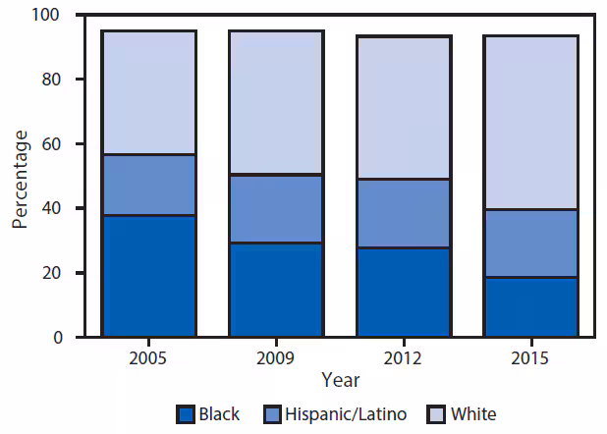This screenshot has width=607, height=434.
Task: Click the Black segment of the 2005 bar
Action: pyautogui.click(x=149, y=276)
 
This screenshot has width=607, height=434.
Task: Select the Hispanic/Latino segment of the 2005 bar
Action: pyautogui.click(x=149, y=185)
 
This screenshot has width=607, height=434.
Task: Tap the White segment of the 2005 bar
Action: pyautogui.click(x=149, y=92)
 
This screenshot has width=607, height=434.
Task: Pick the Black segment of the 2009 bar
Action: pyautogui.click(x=276, y=290)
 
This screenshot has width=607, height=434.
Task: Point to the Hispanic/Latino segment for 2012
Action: pyautogui.click(x=403, y=213)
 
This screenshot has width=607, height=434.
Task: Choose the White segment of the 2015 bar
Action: pyautogui.click(x=530, y=123)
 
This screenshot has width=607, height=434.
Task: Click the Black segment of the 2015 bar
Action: pyautogui.click(x=530, y=307)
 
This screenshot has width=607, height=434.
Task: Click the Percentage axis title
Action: pyautogui.click(x=20, y=177)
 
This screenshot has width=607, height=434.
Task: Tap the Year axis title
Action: pyautogui.click(x=340, y=379)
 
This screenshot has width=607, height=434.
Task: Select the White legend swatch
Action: pyautogui.click(x=438, y=414)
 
